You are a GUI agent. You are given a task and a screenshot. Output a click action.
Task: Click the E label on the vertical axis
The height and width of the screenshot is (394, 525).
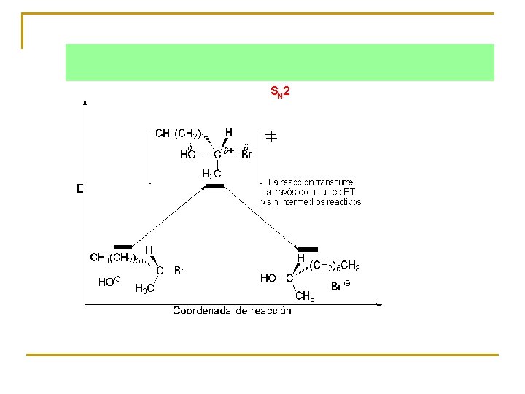pos(80,188)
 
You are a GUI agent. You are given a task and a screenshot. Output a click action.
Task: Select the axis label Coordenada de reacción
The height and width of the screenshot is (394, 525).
pos(232,311)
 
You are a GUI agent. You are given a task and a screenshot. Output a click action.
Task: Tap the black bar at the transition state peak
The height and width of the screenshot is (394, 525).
pos(214,187)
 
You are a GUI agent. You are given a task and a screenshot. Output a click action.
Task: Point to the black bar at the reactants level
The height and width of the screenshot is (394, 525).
pos(122,247)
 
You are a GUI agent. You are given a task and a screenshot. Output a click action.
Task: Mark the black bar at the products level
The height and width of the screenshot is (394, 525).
pos(308,250)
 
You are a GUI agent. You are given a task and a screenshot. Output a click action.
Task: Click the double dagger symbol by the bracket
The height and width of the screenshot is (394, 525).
pos(270,136)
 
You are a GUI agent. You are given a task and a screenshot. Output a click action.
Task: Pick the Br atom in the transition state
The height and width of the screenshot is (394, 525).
pos(246,155)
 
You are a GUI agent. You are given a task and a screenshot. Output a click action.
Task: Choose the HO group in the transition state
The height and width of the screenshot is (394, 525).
pos(188,155)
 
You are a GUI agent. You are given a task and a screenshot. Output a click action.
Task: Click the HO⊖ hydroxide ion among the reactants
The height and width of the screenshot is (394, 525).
pos(106,282)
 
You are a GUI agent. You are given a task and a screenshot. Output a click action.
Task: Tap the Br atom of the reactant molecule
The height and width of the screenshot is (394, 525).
pos(179,271)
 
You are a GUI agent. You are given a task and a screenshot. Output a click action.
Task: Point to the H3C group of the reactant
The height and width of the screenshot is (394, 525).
pos(144,288)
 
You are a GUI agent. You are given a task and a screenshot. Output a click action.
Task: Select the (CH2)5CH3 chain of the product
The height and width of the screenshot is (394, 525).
pos(335,266)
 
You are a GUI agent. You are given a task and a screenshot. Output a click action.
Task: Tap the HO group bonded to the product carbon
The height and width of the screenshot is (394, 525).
pos(269,278)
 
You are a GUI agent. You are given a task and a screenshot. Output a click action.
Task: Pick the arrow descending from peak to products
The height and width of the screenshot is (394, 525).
pos(262,217)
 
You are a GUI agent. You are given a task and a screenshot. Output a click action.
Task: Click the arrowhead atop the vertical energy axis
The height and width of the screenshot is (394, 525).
pos(86,101)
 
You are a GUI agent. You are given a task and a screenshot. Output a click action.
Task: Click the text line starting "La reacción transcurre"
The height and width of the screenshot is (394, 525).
pos(311,182)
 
